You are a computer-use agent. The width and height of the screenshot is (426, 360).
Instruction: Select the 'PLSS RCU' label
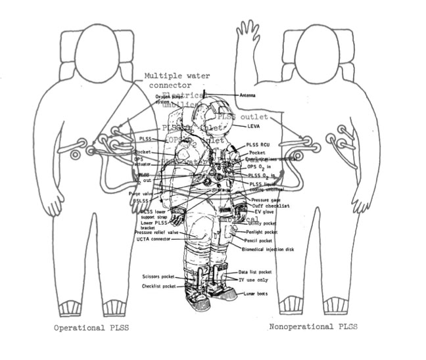(257, 145)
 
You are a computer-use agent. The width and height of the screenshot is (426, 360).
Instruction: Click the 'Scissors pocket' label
(160, 277)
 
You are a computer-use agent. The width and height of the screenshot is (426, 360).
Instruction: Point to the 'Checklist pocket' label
(160, 286)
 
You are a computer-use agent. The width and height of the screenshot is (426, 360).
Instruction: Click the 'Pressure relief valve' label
(156, 232)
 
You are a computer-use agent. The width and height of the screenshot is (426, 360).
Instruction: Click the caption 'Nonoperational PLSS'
(314, 326)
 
